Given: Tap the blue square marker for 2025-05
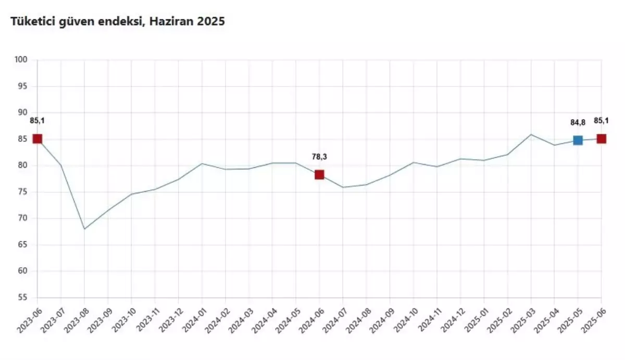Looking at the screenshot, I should tap(578, 140).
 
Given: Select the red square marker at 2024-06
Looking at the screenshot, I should tap(319, 175).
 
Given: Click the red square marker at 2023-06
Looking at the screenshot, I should tap(37, 139).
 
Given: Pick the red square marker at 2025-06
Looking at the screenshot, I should tap(601, 139).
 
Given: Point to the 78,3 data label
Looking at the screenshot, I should tap(319, 156).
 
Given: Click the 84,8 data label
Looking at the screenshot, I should tap(578, 122).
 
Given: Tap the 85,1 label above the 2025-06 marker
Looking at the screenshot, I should tap(601, 121).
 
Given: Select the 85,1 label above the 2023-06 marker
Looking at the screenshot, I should tap(37, 121).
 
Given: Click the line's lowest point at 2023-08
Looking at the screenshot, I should tap(84, 229).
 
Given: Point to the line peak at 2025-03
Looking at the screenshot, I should tap(531, 134).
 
